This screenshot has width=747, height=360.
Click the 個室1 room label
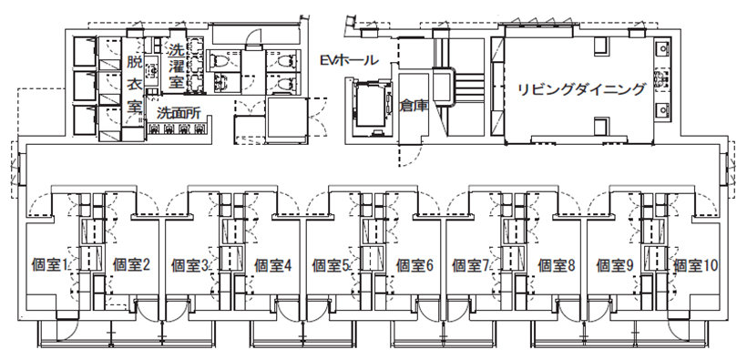click(x=51, y=265)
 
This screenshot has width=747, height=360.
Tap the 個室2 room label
click(x=130, y=265)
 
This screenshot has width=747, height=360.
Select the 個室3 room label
click(x=192, y=265)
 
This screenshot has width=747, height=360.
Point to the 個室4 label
click(x=272, y=265)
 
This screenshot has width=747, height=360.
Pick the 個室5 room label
click(x=333, y=265)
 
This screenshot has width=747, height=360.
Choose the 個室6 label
click(x=414, y=265)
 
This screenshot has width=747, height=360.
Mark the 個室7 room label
click(x=475, y=265)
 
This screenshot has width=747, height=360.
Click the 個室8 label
click(x=557, y=265)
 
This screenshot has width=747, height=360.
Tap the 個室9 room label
click(x=617, y=265)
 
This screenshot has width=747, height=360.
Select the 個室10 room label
click(x=697, y=265)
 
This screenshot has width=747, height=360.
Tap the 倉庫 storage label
click(x=414, y=106)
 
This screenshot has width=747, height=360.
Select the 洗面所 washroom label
click(x=179, y=114)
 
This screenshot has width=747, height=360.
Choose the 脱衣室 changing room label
click(x=134, y=84)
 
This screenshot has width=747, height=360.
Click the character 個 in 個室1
click(x=39, y=265)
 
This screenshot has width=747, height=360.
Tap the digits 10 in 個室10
click(x=711, y=265)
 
